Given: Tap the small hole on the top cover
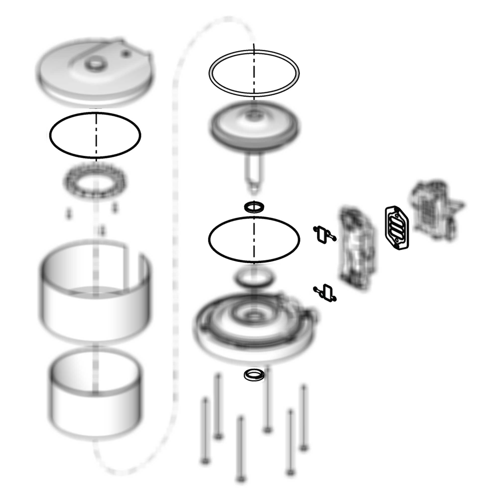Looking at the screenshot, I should tap(126, 53).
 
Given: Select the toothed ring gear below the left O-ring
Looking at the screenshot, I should tap(96, 180).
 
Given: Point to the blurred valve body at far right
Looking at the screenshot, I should tap(436, 211).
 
